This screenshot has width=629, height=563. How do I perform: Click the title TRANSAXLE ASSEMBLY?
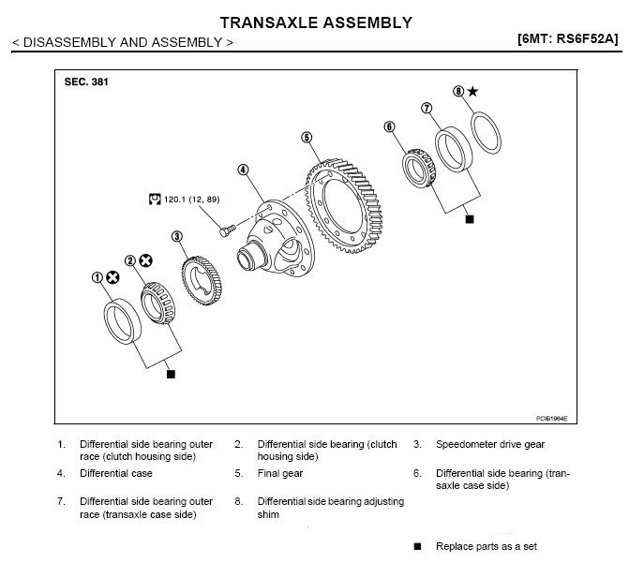click(x=315, y=22)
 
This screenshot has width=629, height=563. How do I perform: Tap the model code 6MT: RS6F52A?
click(x=567, y=40)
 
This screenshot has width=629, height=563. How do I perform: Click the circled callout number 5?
click(x=307, y=138)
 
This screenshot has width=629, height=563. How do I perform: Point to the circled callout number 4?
click(x=243, y=170)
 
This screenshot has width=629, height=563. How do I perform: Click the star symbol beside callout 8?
click(x=472, y=91)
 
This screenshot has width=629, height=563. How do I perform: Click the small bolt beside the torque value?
click(x=225, y=226)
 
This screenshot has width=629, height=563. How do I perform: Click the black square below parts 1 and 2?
click(x=170, y=374)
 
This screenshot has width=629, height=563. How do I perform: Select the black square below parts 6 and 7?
click(x=470, y=218)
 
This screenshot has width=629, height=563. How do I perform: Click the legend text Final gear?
click(x=281, y=473)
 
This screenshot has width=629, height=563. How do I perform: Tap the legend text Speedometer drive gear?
click(x=490, y=444)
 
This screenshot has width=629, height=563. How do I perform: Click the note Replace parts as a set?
click(x=482, y=546)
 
